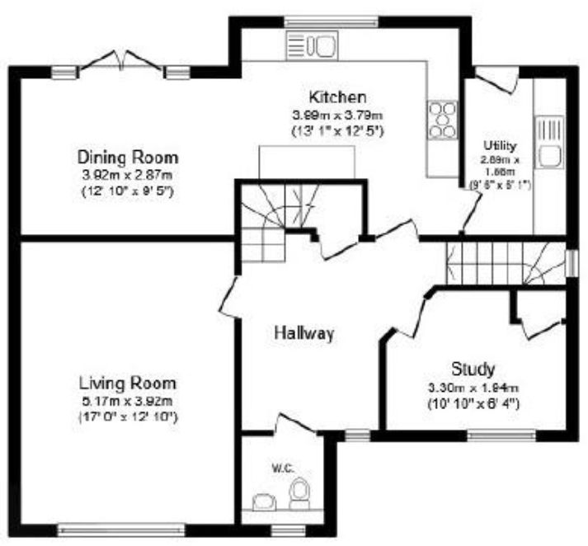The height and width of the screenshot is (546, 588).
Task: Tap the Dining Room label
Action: tap(128, 157)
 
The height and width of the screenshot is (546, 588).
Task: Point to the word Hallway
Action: tap(304, 334)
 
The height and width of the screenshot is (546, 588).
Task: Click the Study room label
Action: tap(473, 368)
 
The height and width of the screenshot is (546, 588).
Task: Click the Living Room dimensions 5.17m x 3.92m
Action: tap(128, 402)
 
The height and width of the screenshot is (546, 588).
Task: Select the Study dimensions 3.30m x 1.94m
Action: tap(473, 388)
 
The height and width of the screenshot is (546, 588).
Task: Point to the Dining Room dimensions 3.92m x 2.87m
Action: tap(128, 176)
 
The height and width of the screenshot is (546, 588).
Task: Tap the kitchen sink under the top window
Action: tap(312, 45)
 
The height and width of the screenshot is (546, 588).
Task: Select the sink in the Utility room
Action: tap(548, 143)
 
